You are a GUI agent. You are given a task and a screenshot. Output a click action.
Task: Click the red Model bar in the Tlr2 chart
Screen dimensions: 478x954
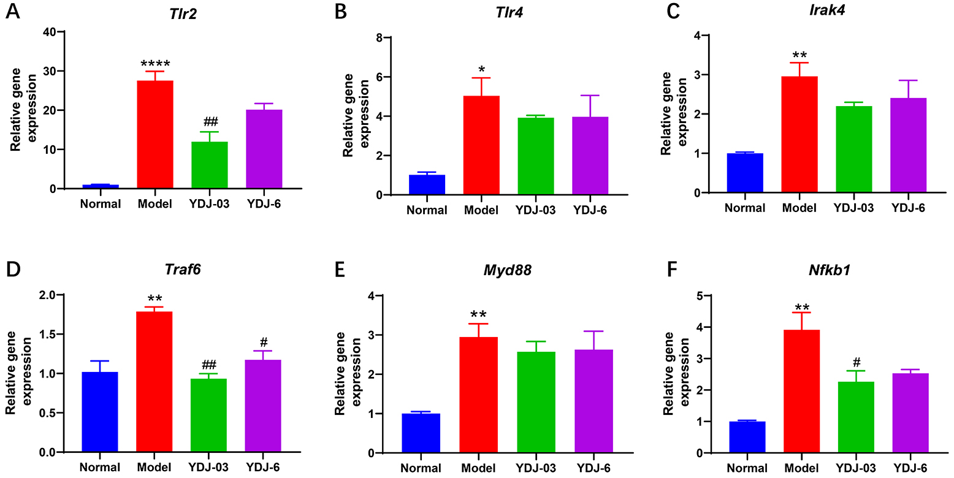tap(155, 134)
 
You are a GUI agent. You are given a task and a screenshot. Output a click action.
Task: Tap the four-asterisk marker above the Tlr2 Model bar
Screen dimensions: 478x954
tap(155, 63)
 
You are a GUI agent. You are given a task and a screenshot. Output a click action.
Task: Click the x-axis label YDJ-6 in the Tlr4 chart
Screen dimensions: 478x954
tap(589, 210)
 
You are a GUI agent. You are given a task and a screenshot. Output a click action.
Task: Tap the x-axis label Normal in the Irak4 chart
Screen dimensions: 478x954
tap(745, 208)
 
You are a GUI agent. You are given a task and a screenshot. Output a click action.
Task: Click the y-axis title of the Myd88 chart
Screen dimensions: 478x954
tap(347, 374)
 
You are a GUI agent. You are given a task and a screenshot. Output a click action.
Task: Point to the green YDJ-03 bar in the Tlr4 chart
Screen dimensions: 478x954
tap(535, 156)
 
